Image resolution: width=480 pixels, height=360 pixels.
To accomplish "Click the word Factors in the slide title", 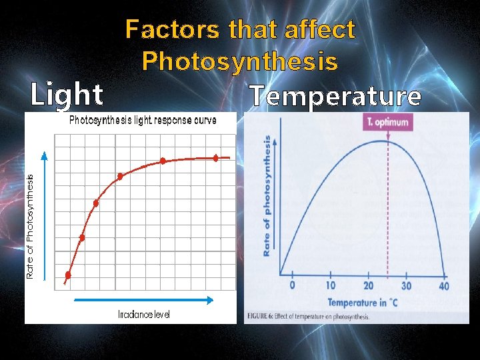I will click(174, 30).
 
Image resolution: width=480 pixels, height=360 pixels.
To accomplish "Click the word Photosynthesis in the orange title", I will click(239, 61).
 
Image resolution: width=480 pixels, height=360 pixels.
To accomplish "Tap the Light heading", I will click(67, 95).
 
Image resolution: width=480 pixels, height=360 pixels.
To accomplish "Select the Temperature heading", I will click(335, 97).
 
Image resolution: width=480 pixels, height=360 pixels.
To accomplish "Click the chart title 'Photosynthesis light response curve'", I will click(143, 121).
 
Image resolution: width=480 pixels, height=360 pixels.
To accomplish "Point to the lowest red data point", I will click(68, 275).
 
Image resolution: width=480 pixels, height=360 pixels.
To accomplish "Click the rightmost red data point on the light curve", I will click(215, 158).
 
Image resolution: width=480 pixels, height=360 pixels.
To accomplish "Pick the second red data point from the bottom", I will click(82, 237).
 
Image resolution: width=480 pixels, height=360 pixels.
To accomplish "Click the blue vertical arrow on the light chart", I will click(44, 213).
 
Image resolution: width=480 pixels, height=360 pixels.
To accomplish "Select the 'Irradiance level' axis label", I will click(143, 314).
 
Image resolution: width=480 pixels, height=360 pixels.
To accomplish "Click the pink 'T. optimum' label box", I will click(387, 123).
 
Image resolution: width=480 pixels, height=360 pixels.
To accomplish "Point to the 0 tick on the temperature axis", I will click(291, 286).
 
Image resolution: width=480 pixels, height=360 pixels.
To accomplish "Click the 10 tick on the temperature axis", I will click(330, 286).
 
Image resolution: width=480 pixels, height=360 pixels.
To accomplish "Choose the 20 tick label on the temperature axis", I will click(369, 286).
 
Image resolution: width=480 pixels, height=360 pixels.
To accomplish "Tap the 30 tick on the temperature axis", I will click(406, 286).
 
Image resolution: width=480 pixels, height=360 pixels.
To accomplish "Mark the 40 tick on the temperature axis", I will click(444, 286).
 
